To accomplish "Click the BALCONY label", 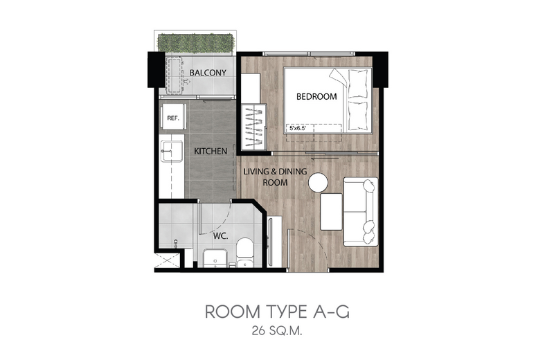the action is click(x=208, y=73).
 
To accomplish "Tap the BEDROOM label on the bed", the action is click(x=316, y=96).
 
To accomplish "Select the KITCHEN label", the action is click(x=211, y=151).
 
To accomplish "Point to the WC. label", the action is click(x=220, y=236).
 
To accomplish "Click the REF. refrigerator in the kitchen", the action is click(x=172, y=118).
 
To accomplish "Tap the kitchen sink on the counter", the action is click(x=172, y=151).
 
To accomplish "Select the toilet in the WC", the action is click(x=245, y=253).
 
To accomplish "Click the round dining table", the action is click(x=318, y=183).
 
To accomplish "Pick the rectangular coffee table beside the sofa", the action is click(x=331, y=212).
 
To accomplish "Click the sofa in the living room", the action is click(x=361, y=212).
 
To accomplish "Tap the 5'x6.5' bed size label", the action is click(x=297, y=128).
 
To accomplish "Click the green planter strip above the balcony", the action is click(x=195, y=44).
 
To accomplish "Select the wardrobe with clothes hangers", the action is click(x=253, y=127).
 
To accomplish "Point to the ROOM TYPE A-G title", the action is click(x=278, y=312).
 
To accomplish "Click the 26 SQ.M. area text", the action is click(x=277, y=331).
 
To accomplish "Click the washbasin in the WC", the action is click(x=215, y=258).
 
